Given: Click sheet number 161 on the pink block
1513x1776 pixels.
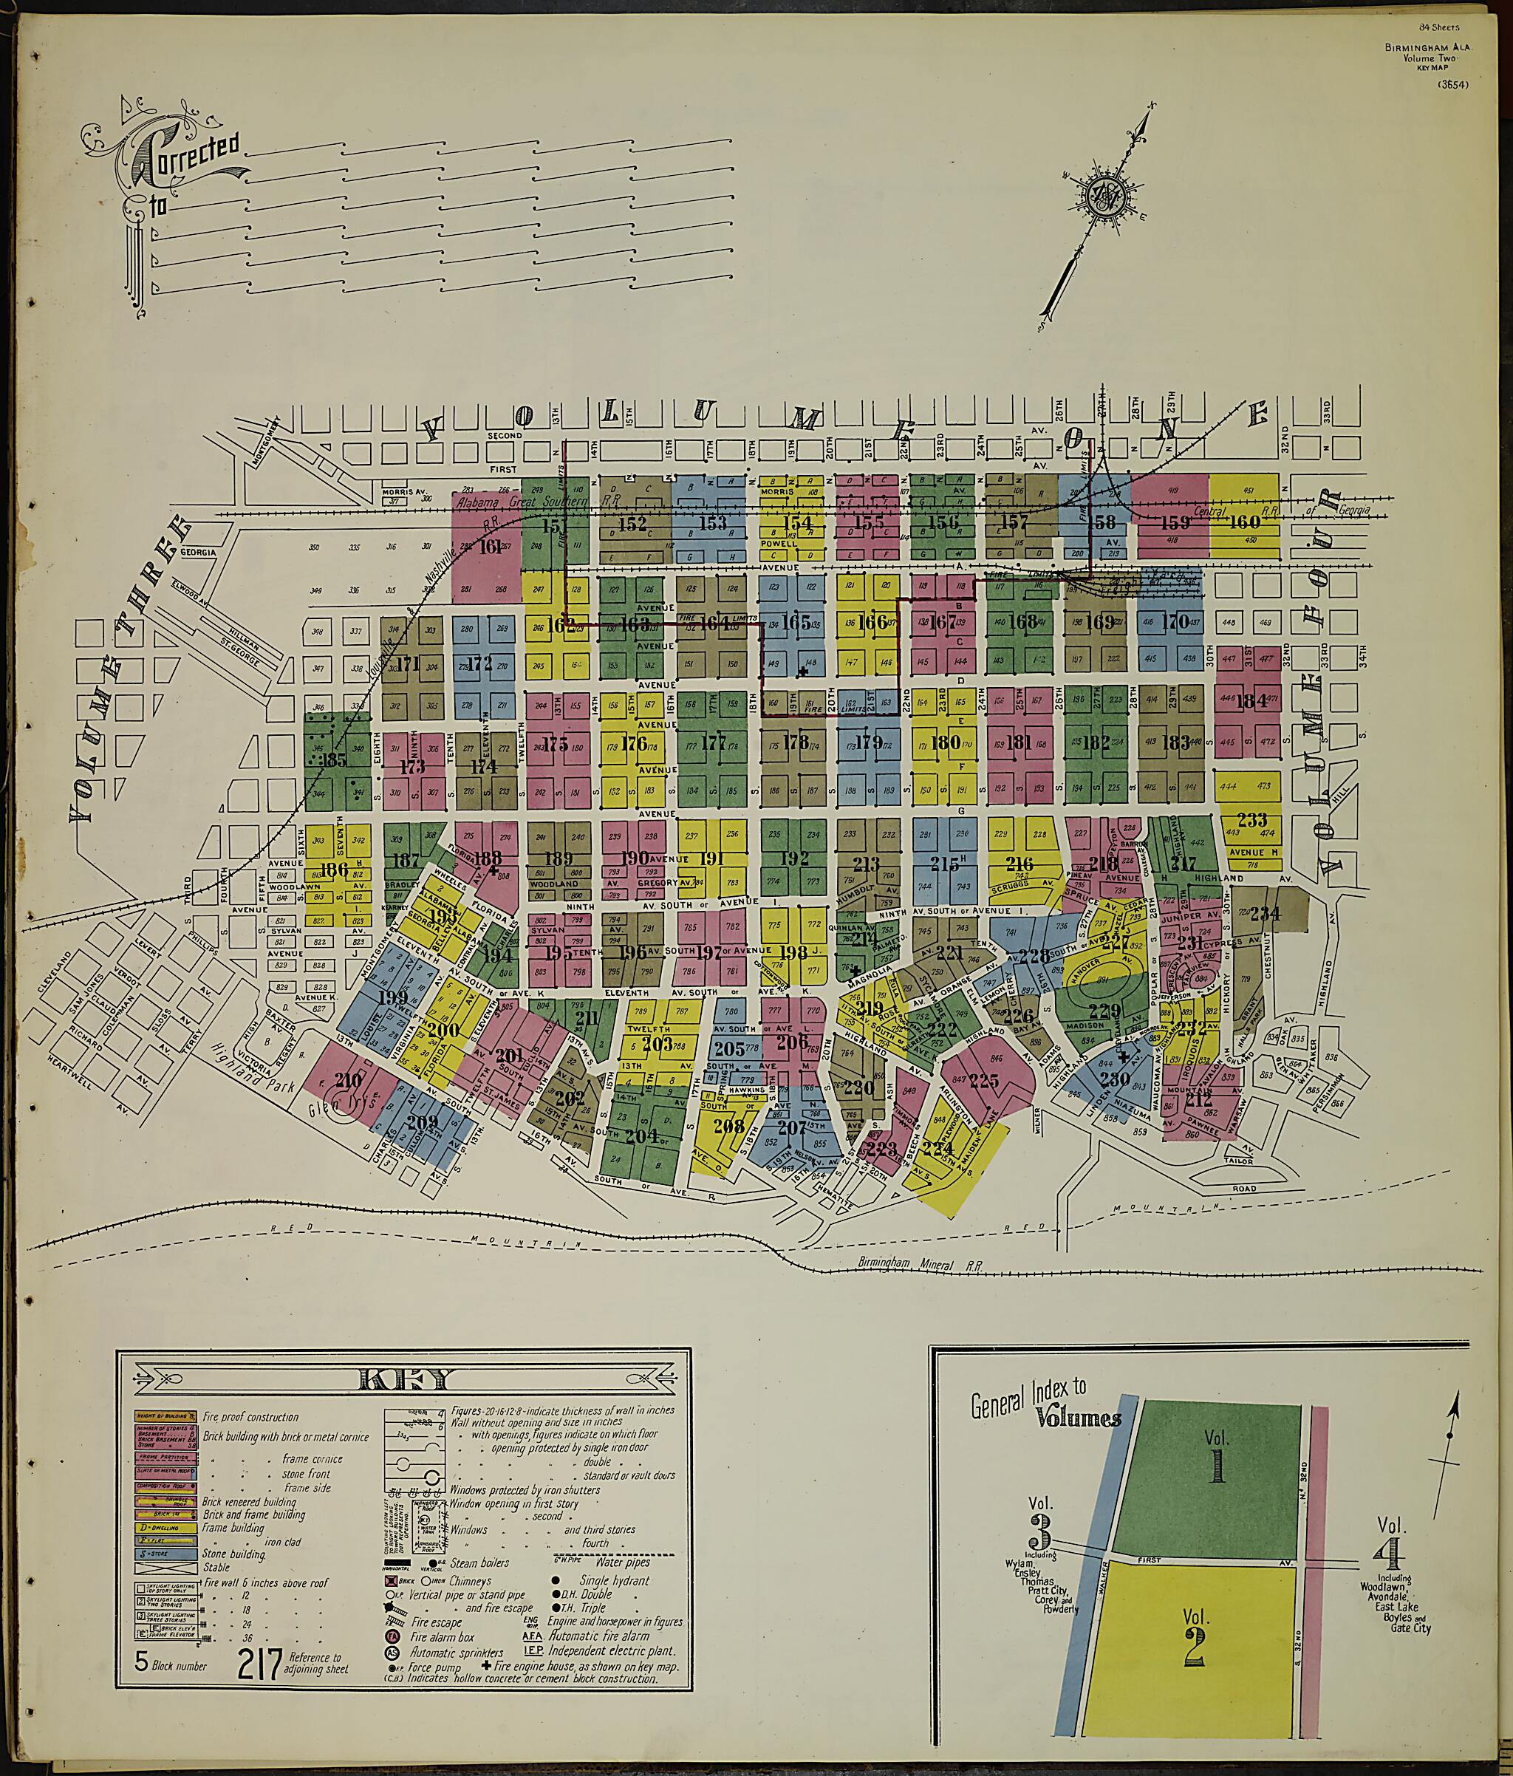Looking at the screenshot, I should (x=491, y=546).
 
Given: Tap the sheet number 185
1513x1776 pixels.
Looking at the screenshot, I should (x=331, y=759).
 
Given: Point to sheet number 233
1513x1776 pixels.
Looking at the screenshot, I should (x=1251, y=819).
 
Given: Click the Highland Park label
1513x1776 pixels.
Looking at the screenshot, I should (x=256, y=1073).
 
